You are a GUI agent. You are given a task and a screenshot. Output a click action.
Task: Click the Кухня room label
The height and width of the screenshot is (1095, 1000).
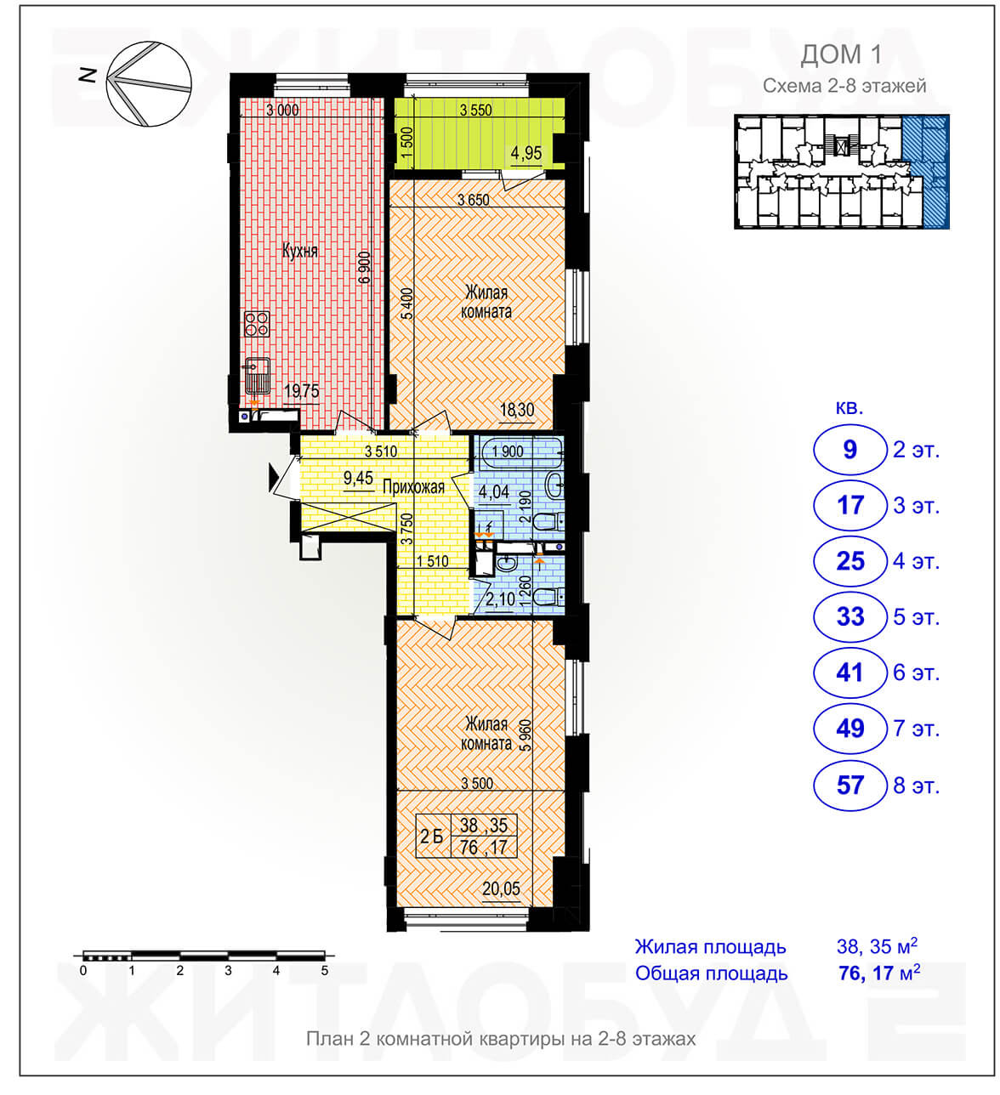[299, 251]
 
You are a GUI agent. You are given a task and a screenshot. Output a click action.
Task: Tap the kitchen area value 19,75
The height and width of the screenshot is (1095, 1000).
[302, 391]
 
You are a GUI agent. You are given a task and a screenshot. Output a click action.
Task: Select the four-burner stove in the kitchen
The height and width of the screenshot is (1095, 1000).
[257, 323]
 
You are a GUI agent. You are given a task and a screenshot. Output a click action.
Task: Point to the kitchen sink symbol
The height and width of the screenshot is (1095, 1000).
[257, 375]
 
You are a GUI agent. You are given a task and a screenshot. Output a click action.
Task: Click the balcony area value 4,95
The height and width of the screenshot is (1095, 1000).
[526, 153]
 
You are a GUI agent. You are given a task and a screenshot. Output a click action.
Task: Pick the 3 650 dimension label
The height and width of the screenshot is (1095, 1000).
[474, 200]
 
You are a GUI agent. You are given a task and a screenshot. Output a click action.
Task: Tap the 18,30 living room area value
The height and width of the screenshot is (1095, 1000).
[517, 410]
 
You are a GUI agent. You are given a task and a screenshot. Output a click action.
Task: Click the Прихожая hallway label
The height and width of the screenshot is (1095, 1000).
[413, 486]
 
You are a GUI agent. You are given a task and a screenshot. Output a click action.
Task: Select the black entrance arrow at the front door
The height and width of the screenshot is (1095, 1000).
[273, 478]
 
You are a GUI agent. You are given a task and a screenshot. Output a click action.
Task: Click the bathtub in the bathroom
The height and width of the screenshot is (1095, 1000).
[520, 452]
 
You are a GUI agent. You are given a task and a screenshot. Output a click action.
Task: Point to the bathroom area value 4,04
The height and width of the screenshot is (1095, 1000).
[494, 492]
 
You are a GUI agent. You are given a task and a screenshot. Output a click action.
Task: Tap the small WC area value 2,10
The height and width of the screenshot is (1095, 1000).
[500, 599]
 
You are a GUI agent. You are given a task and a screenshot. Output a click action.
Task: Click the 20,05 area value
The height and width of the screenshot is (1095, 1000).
[501, 888]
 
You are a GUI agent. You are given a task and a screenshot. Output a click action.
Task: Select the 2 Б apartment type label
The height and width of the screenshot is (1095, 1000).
[431, 837]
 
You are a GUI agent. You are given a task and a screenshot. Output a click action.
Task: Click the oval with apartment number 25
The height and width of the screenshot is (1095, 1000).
[849, 561]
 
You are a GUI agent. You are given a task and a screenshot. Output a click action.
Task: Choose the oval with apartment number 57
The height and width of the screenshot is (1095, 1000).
[849, 785]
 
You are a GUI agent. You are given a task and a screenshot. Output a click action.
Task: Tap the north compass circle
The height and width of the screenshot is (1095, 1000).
[149, 84]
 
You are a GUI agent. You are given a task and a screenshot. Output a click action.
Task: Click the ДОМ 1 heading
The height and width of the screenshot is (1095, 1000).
[840, 54]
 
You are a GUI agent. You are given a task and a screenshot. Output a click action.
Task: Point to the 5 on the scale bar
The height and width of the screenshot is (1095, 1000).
[325, 971]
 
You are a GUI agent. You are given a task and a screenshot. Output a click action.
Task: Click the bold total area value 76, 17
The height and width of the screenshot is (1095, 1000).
[866, 973]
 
